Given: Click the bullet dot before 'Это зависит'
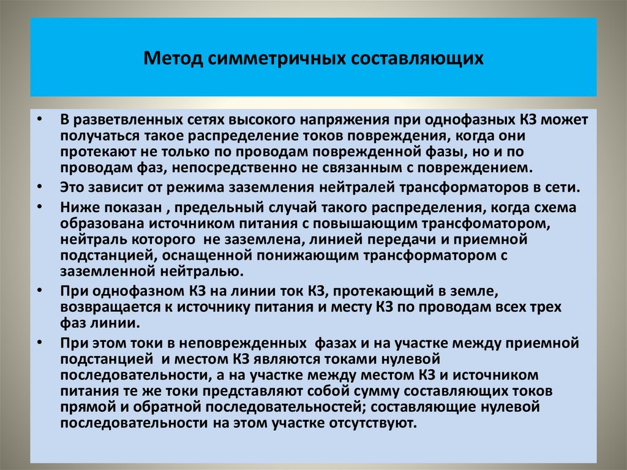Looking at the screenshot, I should (x=40, y=186).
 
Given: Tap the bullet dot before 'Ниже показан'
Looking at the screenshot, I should (x=40, y=207).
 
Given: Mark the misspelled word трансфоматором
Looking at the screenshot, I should (x=494, y=224).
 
